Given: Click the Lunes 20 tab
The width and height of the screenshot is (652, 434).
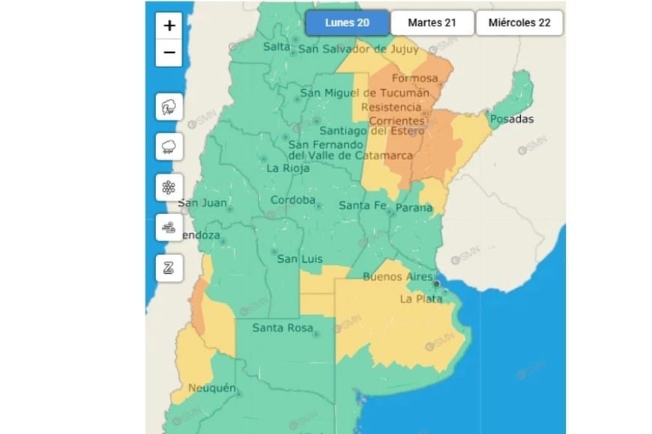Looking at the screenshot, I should [347, 22].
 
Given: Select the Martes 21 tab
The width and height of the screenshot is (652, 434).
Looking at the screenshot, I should [432, 22].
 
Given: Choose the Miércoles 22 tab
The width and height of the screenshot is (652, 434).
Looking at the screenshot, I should [519, 22].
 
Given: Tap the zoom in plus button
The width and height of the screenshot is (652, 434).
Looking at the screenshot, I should [169, 25].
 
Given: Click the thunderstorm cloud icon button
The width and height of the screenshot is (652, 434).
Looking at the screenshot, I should [169, 107].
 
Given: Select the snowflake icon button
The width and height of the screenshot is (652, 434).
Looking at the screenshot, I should [169, 187].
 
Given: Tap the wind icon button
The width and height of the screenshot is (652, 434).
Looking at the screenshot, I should [169, 227].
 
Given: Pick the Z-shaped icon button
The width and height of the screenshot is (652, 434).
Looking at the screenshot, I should [169, 268].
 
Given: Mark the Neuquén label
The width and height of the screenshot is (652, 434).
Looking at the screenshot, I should [212, 388].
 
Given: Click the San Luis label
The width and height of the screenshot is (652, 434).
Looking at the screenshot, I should [300, 259].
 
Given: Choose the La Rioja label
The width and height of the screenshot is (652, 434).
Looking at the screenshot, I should [285, 168].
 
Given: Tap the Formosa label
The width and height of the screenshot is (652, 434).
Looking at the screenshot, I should [414, 79].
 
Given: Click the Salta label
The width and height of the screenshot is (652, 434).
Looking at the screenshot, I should [276, 47].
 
